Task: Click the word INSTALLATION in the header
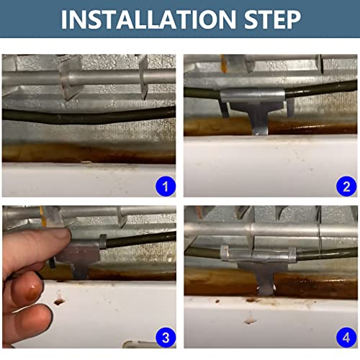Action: coord(148,19)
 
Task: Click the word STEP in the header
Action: coord(272,19)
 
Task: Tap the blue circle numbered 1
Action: coord(166,186)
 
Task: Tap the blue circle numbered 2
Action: coord(346,186)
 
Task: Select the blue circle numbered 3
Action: coord(166,338)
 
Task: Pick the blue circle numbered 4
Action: coord(346,338)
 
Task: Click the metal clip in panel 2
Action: coord(254,106)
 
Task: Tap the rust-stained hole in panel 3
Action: coord(59,301)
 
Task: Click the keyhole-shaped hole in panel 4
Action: coord(250,319)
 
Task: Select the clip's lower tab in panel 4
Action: coord(265,283)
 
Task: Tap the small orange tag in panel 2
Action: coord(223,63)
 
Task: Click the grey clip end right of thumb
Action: coord(103,241)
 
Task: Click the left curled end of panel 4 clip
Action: coord(225,253)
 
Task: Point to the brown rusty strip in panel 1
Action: coord(89,153)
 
